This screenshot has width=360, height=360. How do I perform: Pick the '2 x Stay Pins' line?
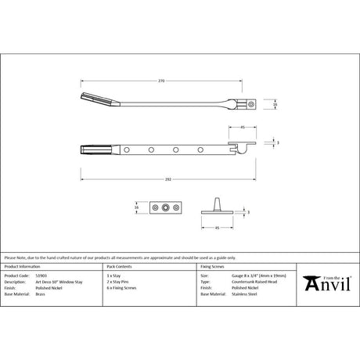pos(121,282)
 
